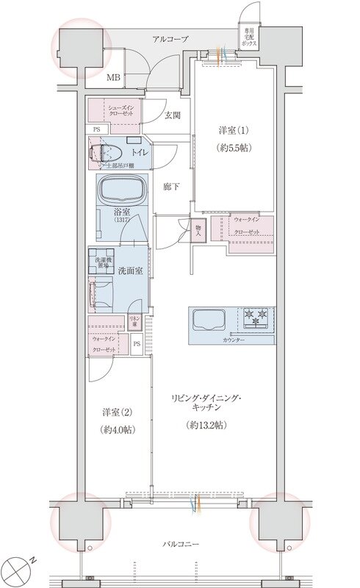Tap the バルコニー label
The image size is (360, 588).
click(x=180, y=544)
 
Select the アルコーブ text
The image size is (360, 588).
click(x=170, y=39)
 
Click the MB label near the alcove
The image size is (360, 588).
click(x=114, y=76)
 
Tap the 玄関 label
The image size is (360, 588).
click(x=173, y=115)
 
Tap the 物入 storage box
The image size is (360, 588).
click(x=198, y=230)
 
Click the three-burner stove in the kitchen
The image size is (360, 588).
click(x=255, y=317)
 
